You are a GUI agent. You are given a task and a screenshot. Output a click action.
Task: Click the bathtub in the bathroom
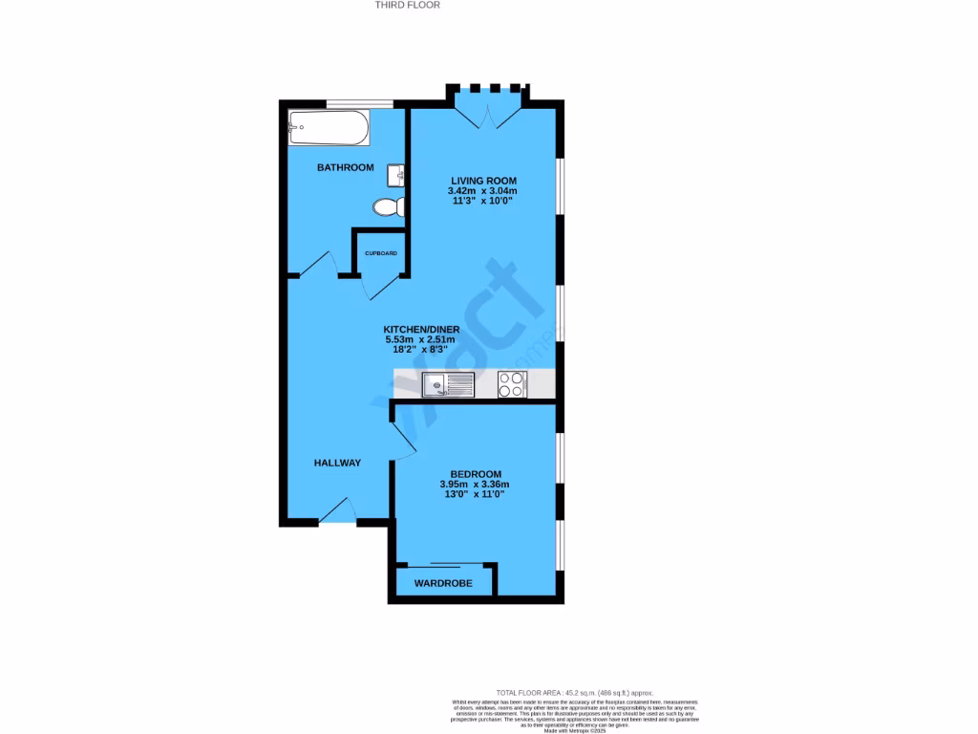tap(328, 128)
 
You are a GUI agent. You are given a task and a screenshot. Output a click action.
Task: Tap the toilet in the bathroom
tap(390, 206)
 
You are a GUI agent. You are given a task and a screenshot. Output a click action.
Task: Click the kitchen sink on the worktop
tap(448, 385)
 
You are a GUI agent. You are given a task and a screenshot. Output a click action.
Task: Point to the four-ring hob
tap(511, 385)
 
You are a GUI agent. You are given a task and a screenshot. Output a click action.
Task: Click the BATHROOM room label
tap(345, 167)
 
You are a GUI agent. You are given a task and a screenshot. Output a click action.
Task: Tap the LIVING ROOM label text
tap(483, 181)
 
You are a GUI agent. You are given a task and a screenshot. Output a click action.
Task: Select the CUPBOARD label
tap(381, 253)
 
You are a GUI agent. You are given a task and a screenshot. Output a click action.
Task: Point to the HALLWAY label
tap(338, 463)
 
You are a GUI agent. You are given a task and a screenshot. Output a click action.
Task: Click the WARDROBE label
tap(443, 582)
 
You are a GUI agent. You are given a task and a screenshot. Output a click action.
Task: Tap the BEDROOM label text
tap(477, 474)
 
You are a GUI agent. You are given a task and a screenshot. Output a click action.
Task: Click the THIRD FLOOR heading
tap(407, 5)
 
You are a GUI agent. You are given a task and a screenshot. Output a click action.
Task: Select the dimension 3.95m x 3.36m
tap(477, 485)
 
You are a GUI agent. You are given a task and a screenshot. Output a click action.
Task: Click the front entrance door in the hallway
tap(337, 512)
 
